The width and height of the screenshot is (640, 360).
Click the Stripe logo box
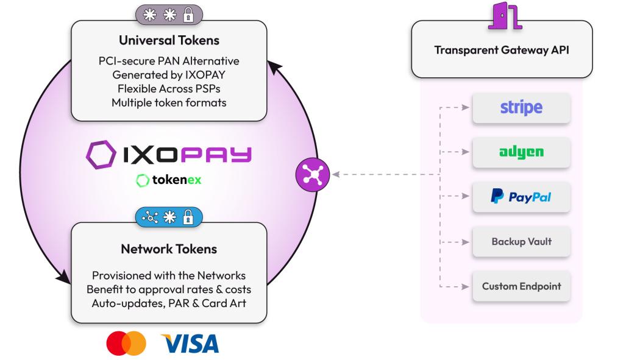[521, 108]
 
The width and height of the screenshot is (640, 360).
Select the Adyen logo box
[521, 152]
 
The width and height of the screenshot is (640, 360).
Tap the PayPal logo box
[521, 197]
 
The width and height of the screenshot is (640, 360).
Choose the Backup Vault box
[521, 241]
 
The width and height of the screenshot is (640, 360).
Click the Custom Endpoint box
[521, 286]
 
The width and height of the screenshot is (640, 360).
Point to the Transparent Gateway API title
[502, 50]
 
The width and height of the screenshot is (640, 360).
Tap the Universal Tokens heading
[169, 41]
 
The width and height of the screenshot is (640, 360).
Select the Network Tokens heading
[169, 249]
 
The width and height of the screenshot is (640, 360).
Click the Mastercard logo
[126, 344]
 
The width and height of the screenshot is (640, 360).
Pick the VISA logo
[189, 344]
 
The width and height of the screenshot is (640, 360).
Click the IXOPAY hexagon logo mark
[99, 155]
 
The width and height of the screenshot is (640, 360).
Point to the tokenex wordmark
[177, 180]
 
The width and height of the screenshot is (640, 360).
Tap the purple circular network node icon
[313, 175]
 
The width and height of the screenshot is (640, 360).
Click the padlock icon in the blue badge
[188, 217]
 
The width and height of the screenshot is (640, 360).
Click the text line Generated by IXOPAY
[169, 75]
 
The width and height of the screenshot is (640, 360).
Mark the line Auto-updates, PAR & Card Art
[169, 303]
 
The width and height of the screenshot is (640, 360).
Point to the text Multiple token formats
[169, 102]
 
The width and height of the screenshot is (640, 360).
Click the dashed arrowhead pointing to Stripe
[465, 108]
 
